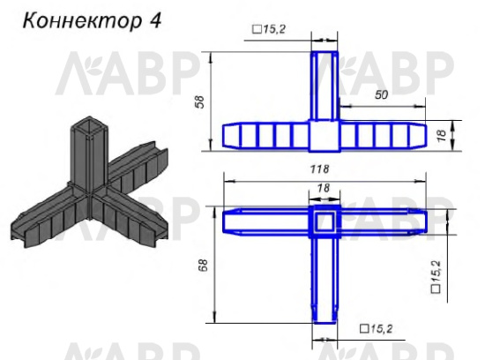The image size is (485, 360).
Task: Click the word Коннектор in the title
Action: point(75,20)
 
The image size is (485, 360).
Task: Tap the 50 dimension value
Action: point(381,93)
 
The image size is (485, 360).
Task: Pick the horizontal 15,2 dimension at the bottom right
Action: point(377,328)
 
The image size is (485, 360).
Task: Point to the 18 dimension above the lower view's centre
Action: point(323,189)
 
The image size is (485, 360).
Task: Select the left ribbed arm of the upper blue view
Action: point(265,135)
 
